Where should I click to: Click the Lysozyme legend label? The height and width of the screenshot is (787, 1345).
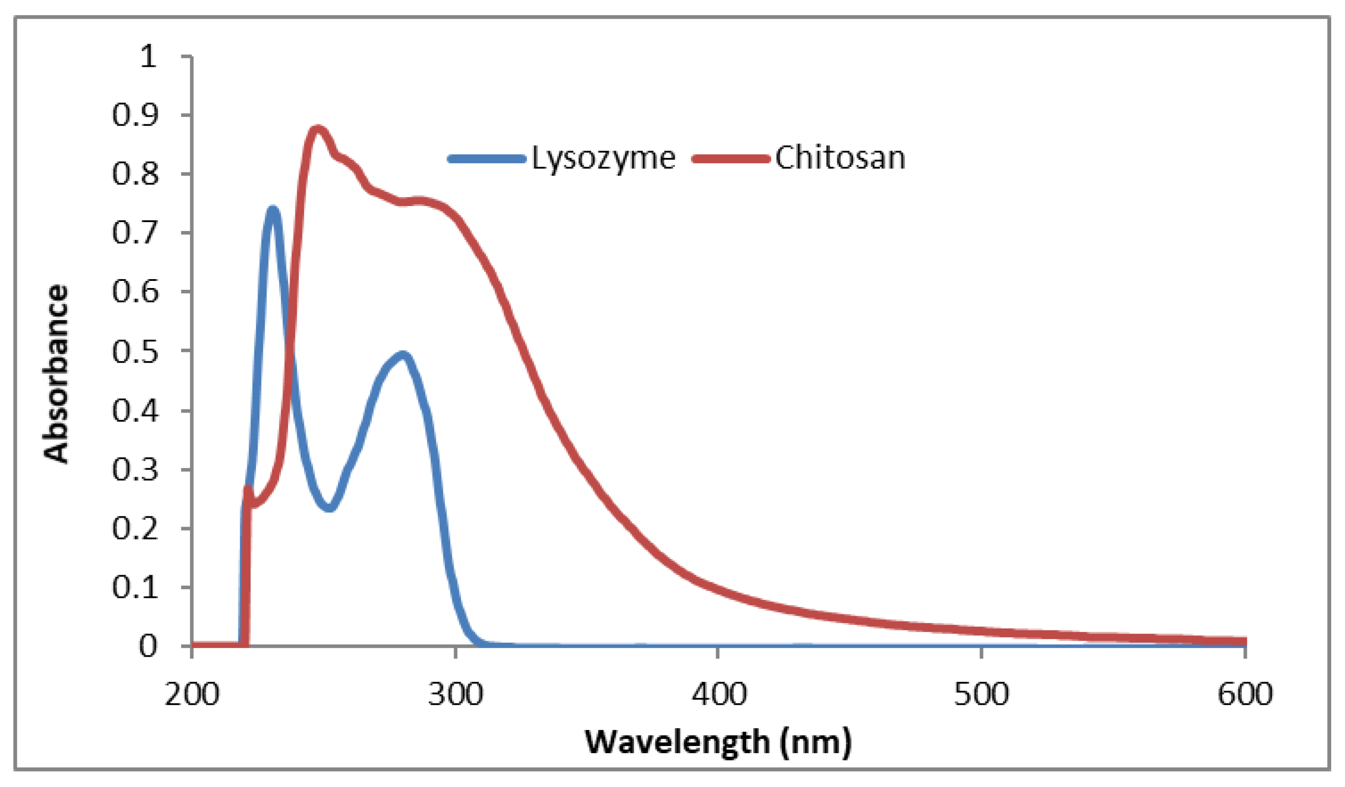click(603, 159)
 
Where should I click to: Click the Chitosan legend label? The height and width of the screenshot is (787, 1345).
click(840, 159)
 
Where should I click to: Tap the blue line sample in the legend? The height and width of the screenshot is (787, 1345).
click(487, 159)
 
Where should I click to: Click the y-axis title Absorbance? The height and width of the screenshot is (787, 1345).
click(56, 374)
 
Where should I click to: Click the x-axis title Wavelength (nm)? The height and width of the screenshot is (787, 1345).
click(718, 742)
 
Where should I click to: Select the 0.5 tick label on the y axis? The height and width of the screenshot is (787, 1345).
click(135, 352)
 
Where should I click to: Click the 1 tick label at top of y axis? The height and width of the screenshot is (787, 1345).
click(148, 56)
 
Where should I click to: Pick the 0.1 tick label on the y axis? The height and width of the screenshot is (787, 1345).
click(135, 587)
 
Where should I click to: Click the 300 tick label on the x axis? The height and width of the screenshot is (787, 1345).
click(455, 695)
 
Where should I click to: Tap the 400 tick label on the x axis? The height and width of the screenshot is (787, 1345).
click(718, 695)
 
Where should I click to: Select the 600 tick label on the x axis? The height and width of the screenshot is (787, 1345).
click(1245, 695)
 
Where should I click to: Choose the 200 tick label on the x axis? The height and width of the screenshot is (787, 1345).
click(192, 695)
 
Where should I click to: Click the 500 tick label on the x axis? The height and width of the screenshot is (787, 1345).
click(981, 695)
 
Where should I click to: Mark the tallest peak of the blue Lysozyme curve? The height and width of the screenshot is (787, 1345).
click(273, 210)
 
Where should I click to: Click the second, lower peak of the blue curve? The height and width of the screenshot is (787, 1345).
click(403, 355)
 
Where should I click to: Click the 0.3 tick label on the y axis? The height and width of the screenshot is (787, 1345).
click(135, 470)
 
